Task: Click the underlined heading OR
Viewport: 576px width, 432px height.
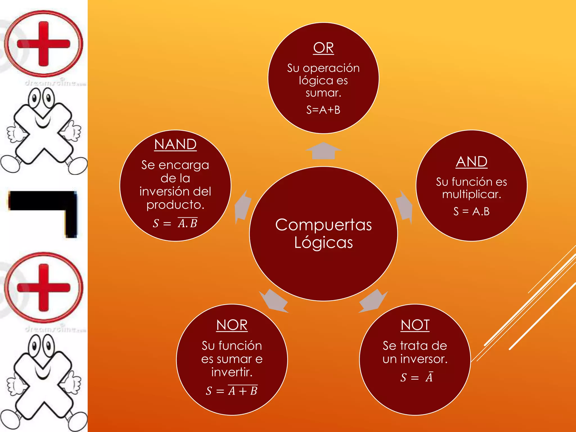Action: pyautogui.click(x=323, y=48)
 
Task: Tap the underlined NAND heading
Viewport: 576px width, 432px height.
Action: pyautogui.click(x=175, y=145)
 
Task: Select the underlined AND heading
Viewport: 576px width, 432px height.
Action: pyautogui.click(x=472, y=162)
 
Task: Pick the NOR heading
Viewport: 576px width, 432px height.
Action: pyautogui.click(x=232, y=325)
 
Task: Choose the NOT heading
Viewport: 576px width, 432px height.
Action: pyautogui.click(x=415, y=325)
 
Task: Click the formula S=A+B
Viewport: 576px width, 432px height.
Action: pyautogui.click(x=323, y=110)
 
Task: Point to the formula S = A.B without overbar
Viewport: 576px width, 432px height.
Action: pyautogui.click(x=472, y=211)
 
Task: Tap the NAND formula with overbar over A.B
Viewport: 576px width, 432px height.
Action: pyautogui.click(x=175, y=223)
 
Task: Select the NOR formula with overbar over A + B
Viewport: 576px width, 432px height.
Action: pyautogui.click(x=232, y=390)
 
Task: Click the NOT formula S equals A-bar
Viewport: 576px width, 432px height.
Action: pyautogui.click(x=417, y=377)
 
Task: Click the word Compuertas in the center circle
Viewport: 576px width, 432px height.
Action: pyautogui.click(x=323, y=225)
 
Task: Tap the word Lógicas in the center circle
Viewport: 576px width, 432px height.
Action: pyautogui.click(x=323, y=242)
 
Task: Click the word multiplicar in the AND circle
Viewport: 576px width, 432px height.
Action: pyautogui.click(x=472, y=195)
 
